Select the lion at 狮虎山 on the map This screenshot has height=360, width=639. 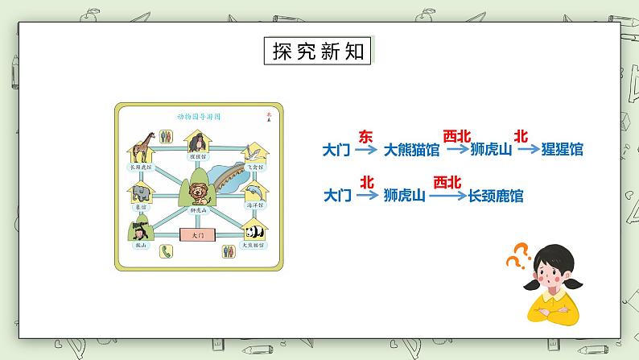point(198,192)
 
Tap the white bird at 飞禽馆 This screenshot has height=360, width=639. point(254,151)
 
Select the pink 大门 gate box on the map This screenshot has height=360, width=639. point(198,234)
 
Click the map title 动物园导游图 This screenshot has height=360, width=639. point(198,116)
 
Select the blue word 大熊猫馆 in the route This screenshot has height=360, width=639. point(412,149)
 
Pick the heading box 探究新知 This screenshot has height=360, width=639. point(318,51)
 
